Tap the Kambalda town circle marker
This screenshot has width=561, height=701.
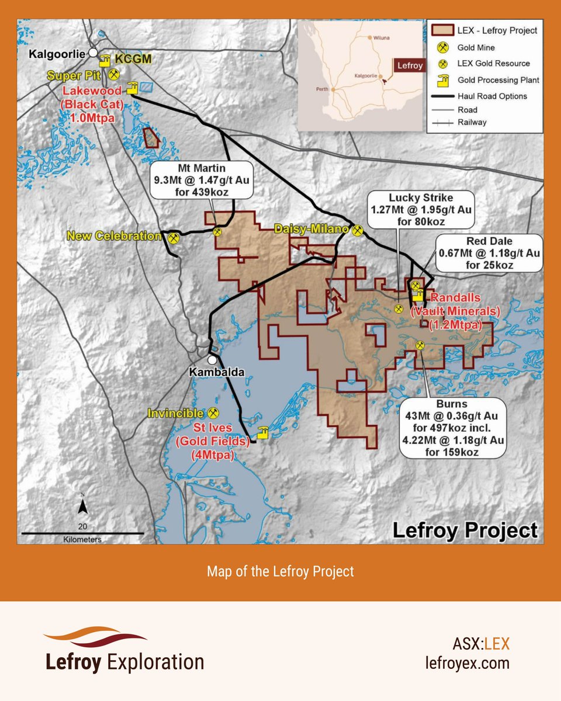coord(212,360)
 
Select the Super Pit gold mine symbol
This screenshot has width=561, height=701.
coord(115,75)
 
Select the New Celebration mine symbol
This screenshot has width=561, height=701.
coord(174,238)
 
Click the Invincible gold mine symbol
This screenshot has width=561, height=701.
coord(214,413)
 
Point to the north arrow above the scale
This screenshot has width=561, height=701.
coord(84,506)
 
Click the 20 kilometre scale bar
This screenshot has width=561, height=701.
coord(82,533)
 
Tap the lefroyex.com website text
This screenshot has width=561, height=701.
coord(467,663)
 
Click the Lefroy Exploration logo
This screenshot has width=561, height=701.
coord(124,650)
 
